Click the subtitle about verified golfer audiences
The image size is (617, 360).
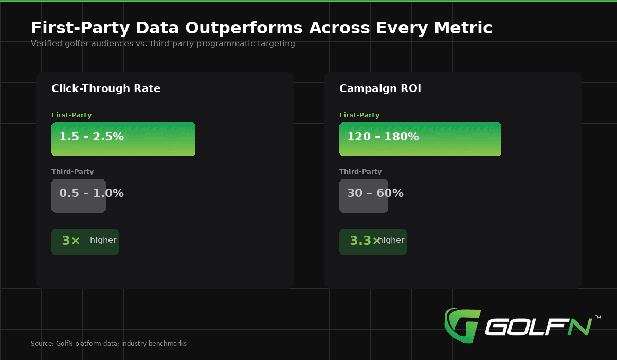162,44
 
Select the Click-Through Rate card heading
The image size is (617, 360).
106,88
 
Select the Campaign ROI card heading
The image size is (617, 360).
380,88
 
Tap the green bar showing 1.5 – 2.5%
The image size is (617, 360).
123,139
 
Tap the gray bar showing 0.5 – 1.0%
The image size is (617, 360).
79,196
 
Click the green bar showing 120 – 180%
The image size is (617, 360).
420,139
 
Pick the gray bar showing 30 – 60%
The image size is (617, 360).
364,196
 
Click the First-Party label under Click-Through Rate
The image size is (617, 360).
71,115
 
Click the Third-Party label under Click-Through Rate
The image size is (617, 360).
72,172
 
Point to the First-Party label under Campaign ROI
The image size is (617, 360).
359,115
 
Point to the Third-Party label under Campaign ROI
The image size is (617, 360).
360,172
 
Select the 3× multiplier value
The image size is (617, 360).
71,241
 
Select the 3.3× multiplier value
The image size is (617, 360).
364,241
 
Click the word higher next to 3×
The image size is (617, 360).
103,240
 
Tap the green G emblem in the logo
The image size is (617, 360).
461,325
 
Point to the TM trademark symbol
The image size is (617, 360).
597,317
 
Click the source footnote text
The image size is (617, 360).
108,344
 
